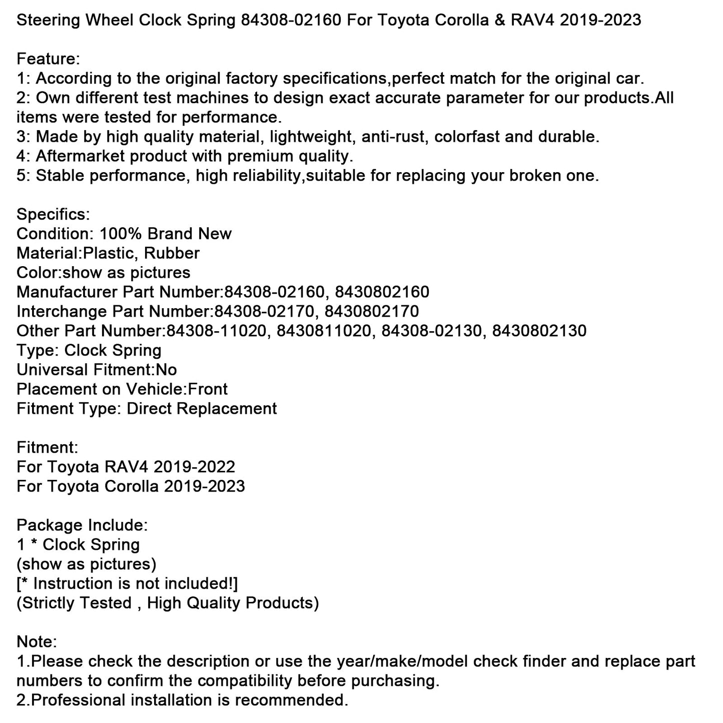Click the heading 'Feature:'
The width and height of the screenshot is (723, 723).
48,59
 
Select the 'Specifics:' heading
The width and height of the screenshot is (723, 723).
53,215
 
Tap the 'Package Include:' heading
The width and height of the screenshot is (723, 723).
82,525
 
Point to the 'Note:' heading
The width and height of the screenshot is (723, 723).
37,642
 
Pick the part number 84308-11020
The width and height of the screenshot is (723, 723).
217,331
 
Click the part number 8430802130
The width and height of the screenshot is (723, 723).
539,331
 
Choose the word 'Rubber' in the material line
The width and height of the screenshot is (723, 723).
172,253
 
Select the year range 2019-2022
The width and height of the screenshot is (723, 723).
194,467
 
